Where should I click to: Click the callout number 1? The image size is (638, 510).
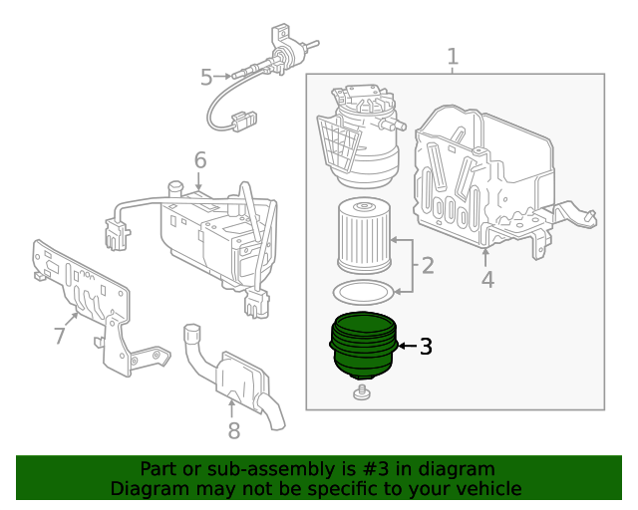click(453, 57)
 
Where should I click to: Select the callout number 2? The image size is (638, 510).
click(428, 266)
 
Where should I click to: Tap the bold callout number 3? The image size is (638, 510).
click(426, 347)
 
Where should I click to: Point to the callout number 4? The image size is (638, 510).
click(487, 280)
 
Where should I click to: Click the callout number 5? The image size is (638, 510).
click(206, 76)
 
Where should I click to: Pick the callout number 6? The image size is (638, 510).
click(199, 159)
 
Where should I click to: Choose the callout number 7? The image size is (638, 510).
click(60, 336)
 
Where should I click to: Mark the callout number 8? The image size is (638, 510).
click(233, 430)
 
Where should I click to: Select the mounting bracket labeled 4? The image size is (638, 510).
click(488, 179)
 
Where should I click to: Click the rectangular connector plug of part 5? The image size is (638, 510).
click(239, 123)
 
